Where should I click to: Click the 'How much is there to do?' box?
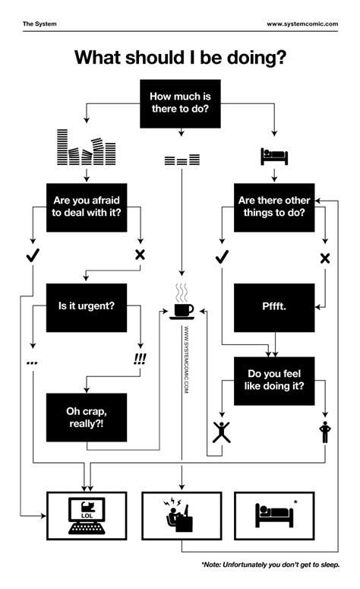pos(180,104)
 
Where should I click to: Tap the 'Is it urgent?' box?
pos(87,307)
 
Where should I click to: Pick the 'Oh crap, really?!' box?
pos(87,417)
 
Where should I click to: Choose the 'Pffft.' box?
pos(274,307)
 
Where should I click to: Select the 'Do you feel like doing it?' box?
pos(274,381)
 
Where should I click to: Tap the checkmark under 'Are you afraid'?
pos(32,255)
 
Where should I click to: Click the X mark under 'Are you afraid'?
pos(140,255)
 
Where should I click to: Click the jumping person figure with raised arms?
pos(221,432)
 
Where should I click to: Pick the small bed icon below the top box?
pos(274,157)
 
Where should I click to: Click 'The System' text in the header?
pos(39,24)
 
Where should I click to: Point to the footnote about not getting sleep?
pos(270,565)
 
